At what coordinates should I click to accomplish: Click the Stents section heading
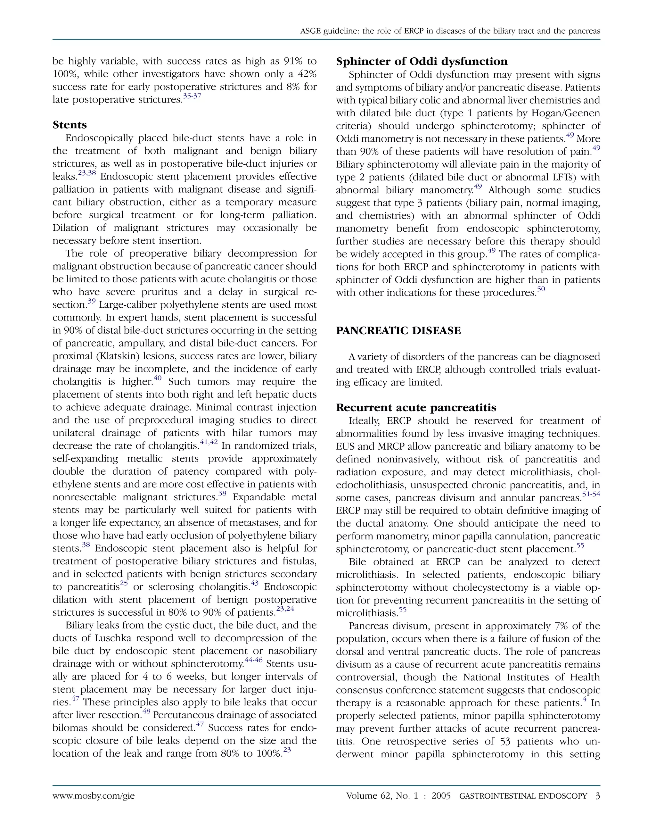[70, 125]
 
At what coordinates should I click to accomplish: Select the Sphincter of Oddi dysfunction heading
[422, 62]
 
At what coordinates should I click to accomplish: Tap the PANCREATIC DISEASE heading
[398, 331]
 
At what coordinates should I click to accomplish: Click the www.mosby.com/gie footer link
[94, 796]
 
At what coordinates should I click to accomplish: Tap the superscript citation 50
[541, 289]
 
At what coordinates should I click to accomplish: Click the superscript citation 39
[92, 302]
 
